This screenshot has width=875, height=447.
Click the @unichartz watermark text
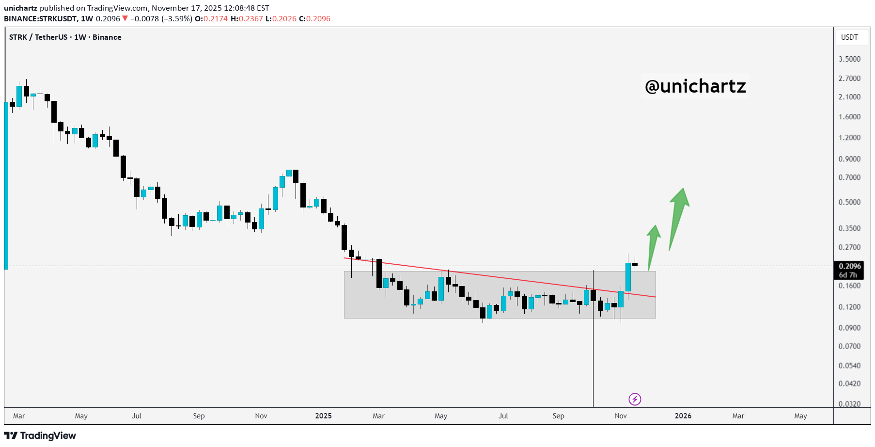pyautogui.click(x=695, y=86)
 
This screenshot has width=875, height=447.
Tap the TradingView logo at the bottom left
pyautogui.click(x=40, y=435)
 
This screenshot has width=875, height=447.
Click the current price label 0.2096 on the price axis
pyautogui.click(x=850, y=266)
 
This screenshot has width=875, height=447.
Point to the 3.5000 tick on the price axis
pyautogui.click(x=849, y=59)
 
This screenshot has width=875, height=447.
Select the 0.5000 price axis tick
pyautogui.click(x=849, y=202)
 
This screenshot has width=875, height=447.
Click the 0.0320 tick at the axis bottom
pyautogui.click(x=849, y=404)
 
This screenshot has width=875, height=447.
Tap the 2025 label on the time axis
pyautogui.click(x=323, y=416)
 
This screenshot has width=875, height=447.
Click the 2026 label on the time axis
pyautogui.click(x=683, y=416)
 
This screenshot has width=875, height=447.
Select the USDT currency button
pyautogui.click(x=849, y=37)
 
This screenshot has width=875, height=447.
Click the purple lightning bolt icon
pyautogui.click(x=635, y=399)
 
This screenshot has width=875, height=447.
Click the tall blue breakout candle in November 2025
pyautogui.click(x=628, y=277)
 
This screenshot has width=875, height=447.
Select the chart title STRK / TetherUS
pyautogui.click(x=38, y=37)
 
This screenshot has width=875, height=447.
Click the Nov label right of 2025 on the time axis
pyautogui.click(x=621, y=416)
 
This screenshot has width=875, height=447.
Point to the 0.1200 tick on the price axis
pyautogui.click(x=849, y=307)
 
